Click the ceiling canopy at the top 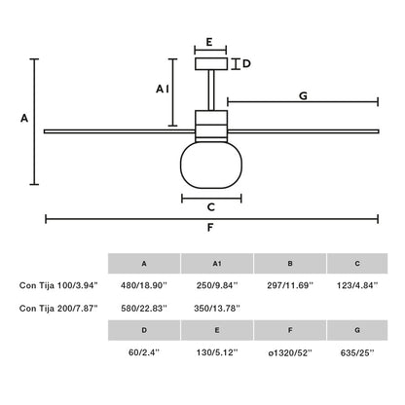click(x=210, y=64)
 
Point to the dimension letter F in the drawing click(x=210, y=231)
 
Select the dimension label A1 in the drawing click(x=163, y=89)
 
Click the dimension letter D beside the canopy click(x=246, y=64)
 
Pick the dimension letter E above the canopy click(x=210, y=44)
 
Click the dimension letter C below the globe click(x=210, y=206)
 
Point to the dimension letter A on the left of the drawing click(x=24, y=118)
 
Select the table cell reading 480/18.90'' click(x=144, y=285)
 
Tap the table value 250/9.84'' click(x=216, y=285)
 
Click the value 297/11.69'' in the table click(x=289, y=285)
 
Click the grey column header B click(x=289, y=263)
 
